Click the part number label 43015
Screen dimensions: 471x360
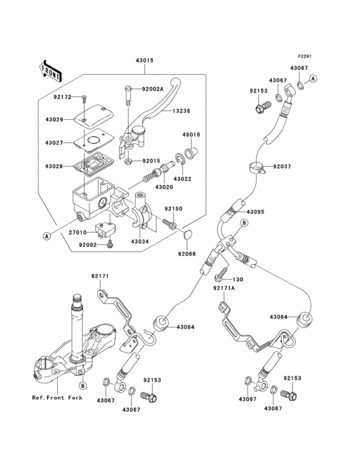[145, 62]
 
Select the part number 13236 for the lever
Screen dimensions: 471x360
[182, 111]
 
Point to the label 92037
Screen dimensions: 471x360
[282, 167]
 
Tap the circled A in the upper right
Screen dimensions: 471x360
[313, 77]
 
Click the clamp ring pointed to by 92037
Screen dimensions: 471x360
[256, 169]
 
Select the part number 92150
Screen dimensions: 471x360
[174, 208]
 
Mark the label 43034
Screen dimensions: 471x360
[141, 241]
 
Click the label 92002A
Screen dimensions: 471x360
[152, 90]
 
